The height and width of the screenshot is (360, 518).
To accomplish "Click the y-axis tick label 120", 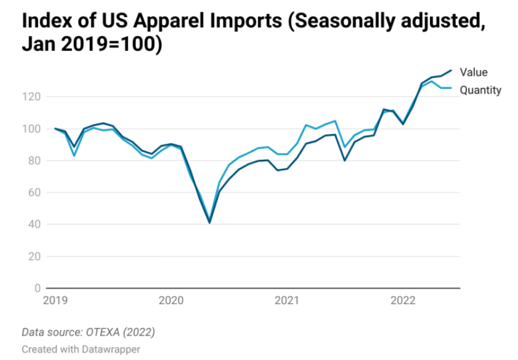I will click(x=33, y=96).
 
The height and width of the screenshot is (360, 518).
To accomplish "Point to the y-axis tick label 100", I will click(x=33, y=128).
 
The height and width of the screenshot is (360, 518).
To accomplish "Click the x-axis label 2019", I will click(x=55, y=300).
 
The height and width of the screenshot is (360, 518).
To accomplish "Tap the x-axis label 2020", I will click(x=171, y=300).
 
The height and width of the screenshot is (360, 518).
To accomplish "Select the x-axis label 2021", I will click(x=287, y=300).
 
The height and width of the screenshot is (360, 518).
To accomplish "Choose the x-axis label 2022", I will click(x=403, y=300).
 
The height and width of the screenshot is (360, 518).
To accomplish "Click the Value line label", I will click(x=473, y=72).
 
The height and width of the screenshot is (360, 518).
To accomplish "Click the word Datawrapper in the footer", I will click(x=111, y=348).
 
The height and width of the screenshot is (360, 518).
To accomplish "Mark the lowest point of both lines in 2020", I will click(x=210, y=222).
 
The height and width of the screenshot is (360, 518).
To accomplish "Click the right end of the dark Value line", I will click(x=452, y=70).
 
